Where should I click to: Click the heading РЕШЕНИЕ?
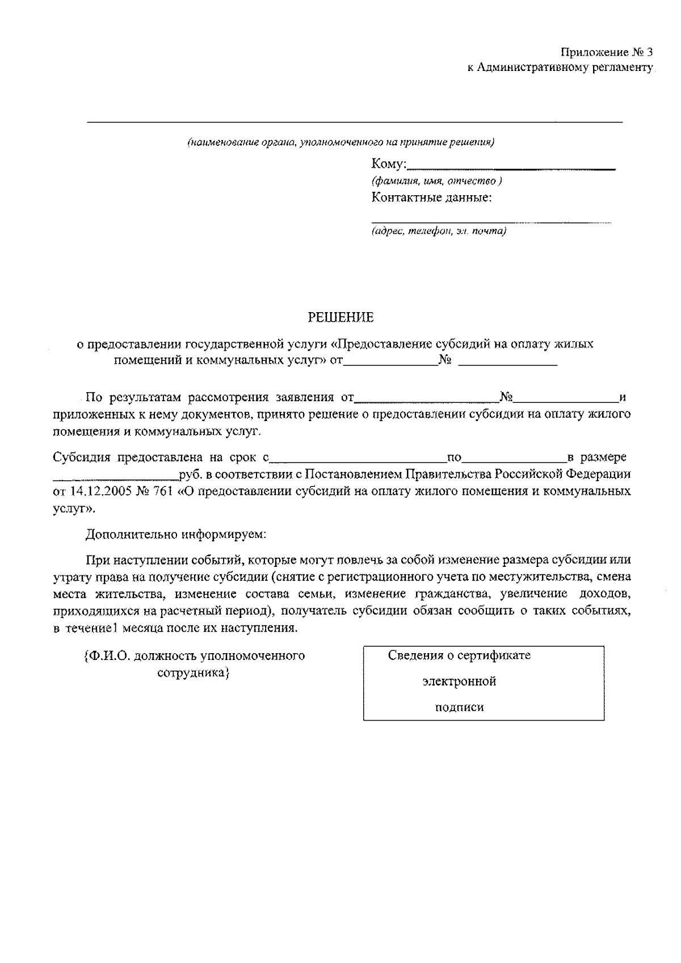click(340, 318)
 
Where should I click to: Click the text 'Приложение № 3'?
click(607, 53)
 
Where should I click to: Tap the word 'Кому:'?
click(389, 165)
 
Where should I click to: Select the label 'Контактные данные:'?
click(432, 198)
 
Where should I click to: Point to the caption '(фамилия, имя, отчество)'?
click(436, 182)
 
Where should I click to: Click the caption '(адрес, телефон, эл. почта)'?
click(439, 232)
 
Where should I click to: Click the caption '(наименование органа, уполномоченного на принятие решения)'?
click(340, 142)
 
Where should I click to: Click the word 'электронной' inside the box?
click(459, 682)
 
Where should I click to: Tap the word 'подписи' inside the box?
click(459, 708)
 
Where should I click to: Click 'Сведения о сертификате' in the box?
click(459, 655)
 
